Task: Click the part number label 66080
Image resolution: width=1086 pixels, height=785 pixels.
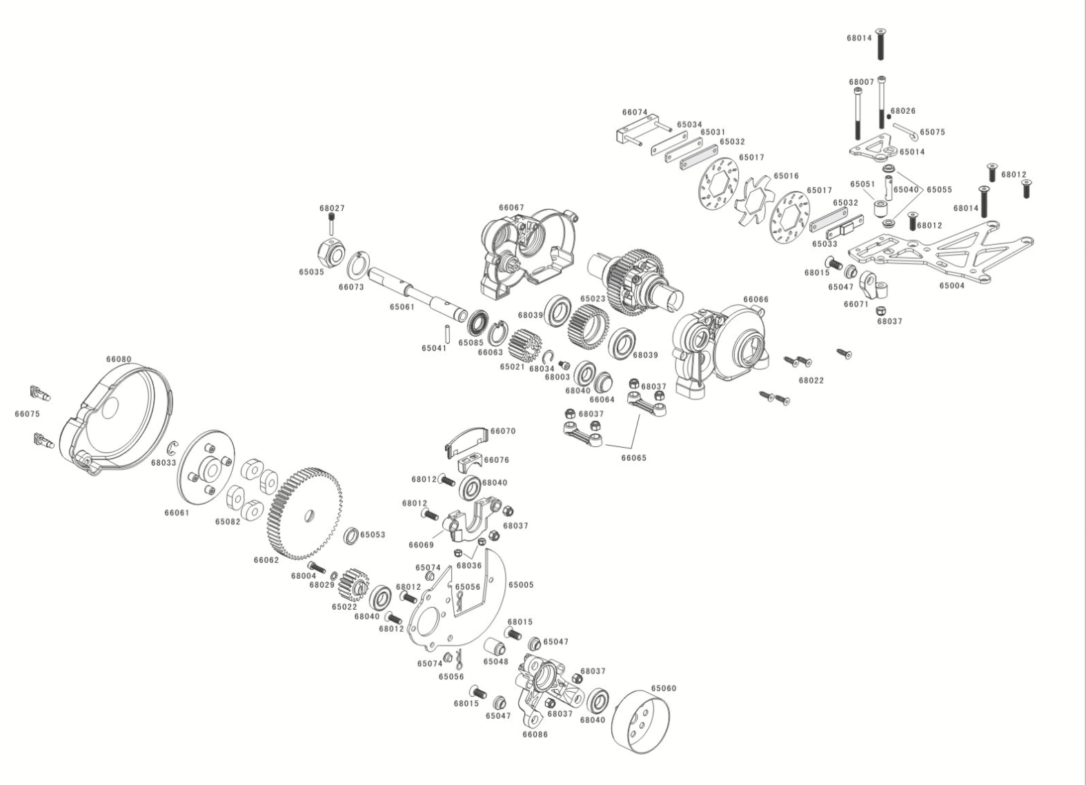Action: click(119, 359)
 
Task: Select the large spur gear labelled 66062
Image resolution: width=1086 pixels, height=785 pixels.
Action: click(304, 513)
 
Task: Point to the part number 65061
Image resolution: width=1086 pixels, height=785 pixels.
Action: click(402, 307)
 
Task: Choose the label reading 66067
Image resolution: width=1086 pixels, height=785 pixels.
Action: click(511, 208)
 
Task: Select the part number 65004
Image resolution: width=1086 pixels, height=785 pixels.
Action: click(952, 286)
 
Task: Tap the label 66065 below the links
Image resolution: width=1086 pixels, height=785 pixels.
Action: click(634, 457)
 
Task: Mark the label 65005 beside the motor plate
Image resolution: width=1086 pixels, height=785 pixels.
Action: click(521, 585)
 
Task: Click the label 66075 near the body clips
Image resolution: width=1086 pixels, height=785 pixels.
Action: click(27, 414)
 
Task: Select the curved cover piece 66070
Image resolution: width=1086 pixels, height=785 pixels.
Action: click(466, 441)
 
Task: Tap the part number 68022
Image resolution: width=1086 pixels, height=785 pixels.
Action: click(811, 380)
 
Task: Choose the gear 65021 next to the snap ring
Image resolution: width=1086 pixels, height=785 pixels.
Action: click(525, 344)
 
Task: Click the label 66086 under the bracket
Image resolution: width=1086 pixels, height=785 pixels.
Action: click(535, 734)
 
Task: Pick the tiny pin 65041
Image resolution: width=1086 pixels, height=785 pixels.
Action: click(447, 333)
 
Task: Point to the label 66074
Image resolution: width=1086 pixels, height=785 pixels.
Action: click(635, 112)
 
